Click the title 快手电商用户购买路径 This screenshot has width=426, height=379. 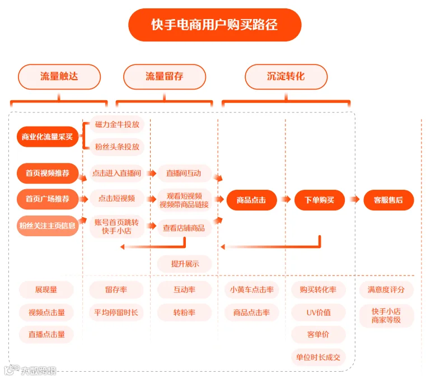(214, 25)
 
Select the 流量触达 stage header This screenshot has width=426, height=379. (59, 77)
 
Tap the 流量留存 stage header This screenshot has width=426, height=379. (165, 77)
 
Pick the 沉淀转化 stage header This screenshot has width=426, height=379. (286, 77)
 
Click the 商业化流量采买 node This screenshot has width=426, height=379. (48, 137)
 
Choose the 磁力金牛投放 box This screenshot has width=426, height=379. (117, 124)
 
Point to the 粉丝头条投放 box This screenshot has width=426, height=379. (117, 147)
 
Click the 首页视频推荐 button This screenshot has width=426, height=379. (48, 173)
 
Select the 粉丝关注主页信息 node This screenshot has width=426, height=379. (48, 226)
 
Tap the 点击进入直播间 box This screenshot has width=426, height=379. (117, 173)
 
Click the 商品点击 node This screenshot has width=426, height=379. (251, 200)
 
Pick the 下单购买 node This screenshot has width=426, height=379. (320, 200)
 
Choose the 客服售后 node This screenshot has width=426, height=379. (388, 200)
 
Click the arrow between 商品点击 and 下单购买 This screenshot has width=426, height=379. (286, 199)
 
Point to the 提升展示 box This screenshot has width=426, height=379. (185, 264)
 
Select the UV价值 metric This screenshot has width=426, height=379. (319, 312)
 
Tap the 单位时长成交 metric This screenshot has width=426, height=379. (319, 357)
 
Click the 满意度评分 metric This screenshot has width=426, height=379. (386, 289)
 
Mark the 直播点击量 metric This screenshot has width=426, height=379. (46, 334)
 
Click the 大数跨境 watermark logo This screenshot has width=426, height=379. (30, 370)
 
